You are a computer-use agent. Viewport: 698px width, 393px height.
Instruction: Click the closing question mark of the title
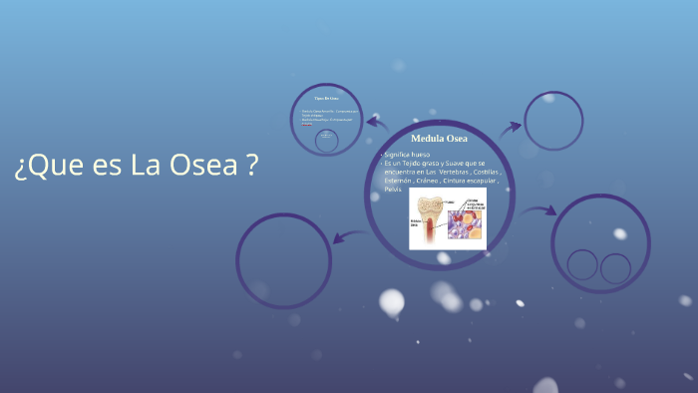tap(252, 166)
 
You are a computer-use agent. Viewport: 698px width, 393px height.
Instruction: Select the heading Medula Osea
tap(439, 138)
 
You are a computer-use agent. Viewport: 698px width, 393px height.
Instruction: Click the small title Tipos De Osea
tap(326, 99)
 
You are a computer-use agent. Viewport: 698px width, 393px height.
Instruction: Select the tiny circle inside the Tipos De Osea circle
tap(326, 142)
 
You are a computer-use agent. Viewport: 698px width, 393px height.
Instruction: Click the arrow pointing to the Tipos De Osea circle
tap(376, 123)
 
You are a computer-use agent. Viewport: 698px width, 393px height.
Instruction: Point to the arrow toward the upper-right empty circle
tap(511, 128)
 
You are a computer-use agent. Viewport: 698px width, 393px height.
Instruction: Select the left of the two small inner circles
tap(583, 265)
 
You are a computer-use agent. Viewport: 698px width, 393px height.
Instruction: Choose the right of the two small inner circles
tap(615, 267)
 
